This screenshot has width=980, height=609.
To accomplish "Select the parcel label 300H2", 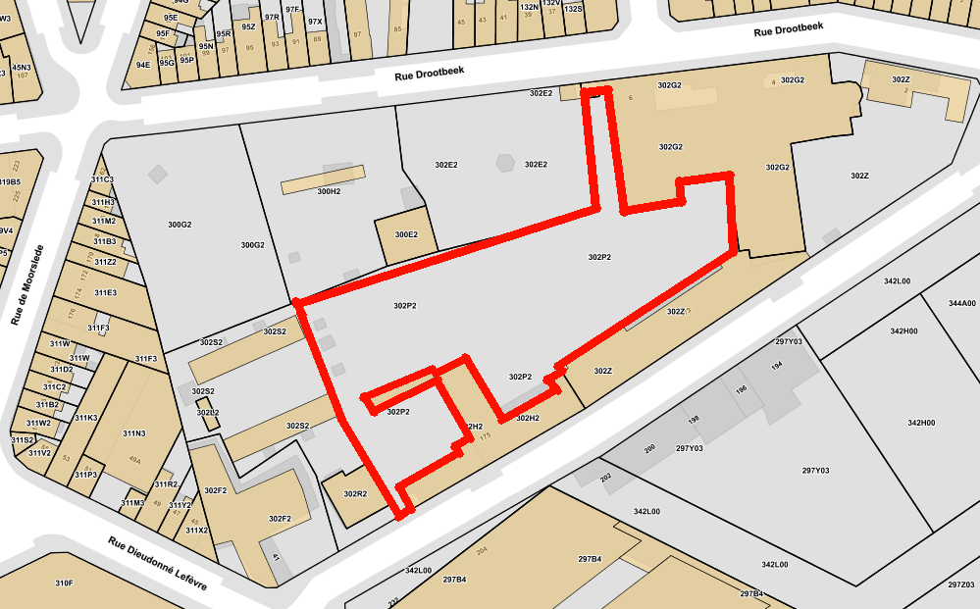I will pyautogui.click(x=330, y=191).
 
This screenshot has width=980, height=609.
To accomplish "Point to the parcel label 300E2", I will pyautogui.click(x=406, y=235).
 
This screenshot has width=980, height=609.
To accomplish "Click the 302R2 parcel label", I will pyautogui.click(x=354, y=494).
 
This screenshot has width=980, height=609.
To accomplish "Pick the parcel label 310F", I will pyautogui.click(x=64, y=584).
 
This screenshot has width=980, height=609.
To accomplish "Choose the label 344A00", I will pyautogui.click(x=961, y=304).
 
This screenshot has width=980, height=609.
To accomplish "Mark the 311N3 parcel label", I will pyautogui.click(x=133, y=433).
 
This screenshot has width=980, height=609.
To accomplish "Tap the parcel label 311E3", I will pyautogui.click(x=105, y=292).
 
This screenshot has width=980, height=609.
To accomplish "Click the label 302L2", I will pyautogui.click(x=207, y=413).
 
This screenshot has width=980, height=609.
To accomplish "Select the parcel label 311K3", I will pyautogui.click(x=86, y=418).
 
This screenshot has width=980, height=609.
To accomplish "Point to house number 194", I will pyautogui.click(x=777, y=366).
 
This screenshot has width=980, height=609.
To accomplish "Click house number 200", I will pyautogui.click(x=649, y=449).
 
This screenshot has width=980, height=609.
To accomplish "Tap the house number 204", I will pyautogui.click(x=482, y=551).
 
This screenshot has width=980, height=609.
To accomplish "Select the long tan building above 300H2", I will pyautogui.click(x=323, y=178).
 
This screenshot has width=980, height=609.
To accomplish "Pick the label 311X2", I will pyautogui.click(x=196, y=531).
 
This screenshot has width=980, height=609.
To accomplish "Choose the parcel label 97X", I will pyautogui.click(x=315, y=22).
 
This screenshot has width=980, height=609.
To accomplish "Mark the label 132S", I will pyautogui.click(x=573, y=8).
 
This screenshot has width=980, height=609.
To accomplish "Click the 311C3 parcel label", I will pyautogui.click(x=102, y=179).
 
